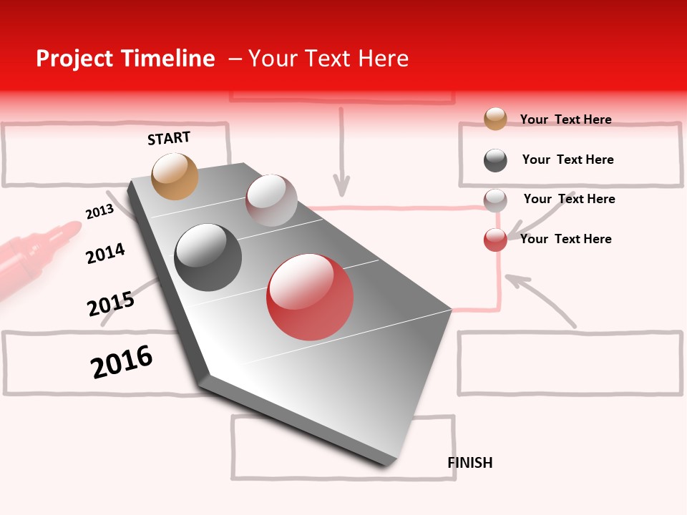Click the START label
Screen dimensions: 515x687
tap(169, 138)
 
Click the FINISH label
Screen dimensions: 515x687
tap(469, 463)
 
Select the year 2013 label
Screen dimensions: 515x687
tap(99, 212)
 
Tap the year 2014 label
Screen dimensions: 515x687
tap(105, 253)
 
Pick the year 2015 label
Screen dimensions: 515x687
tap(111, 303)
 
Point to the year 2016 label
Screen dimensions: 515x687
tap(122, 361)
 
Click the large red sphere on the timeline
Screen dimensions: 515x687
tap(310, 297)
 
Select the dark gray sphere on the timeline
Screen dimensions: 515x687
tap(208, 257)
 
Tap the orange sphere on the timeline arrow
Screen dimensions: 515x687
tap(175, 176)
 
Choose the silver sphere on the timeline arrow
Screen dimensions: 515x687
tap(271, 200)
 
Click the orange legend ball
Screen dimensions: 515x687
tap(495, 119)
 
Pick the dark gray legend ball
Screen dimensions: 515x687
tap(495, 160)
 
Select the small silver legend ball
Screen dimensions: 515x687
tap(495, 200)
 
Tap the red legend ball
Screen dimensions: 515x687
tap(495, 240)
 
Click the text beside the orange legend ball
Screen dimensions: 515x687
tap(565, 119)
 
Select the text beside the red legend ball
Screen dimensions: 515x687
tap(565, 239)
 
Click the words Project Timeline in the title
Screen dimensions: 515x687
tap(125, 59)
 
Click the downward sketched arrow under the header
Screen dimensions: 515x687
tap(342, 154)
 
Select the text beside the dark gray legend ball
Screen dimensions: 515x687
tap(567, 160)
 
